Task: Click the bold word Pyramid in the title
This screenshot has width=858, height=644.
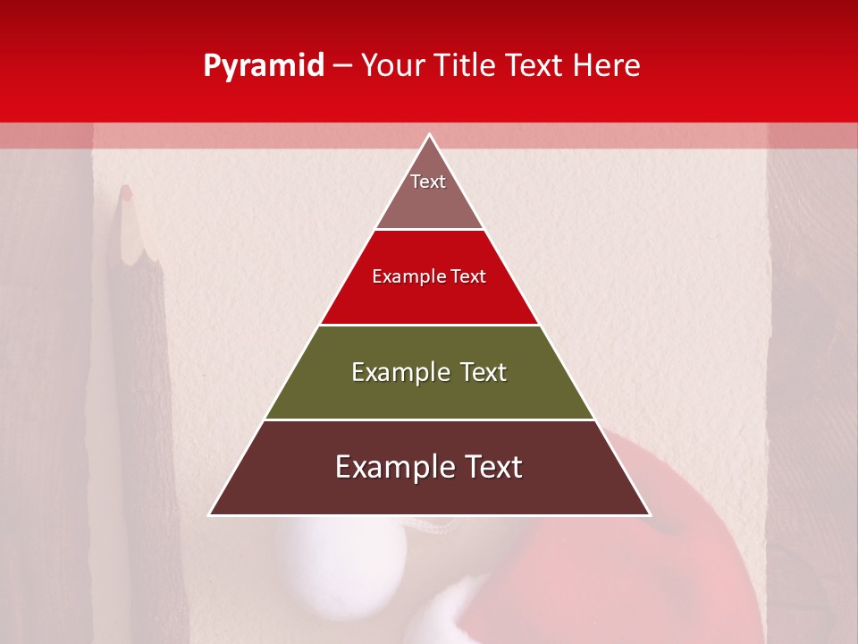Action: coord(264,65)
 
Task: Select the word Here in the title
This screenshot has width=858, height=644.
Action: coord(607,65)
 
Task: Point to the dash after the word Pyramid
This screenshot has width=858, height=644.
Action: coord(342,66)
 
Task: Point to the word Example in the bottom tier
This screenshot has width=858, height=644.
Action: coord(390,467)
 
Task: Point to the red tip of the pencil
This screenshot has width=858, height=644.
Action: coord(126,191)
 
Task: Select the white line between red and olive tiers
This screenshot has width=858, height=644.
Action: coord(429,325)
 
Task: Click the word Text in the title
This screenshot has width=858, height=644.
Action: coord(536,65)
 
